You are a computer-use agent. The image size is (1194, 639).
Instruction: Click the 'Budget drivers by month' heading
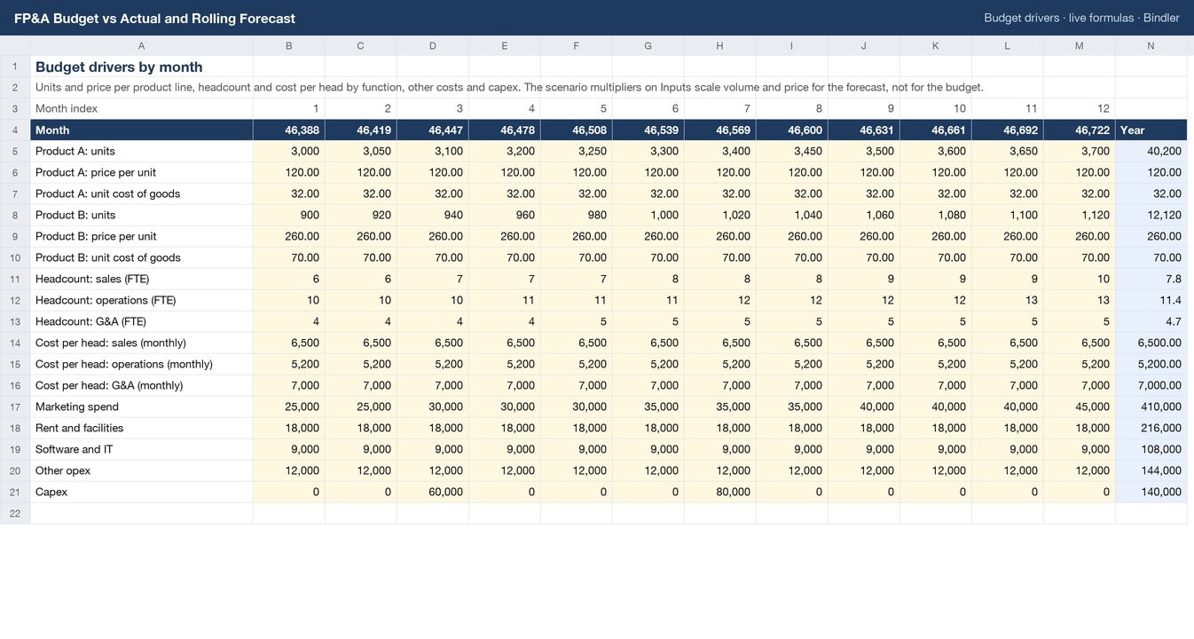(x=119, y=67)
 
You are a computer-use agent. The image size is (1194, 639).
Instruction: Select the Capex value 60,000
(x=445, y=492)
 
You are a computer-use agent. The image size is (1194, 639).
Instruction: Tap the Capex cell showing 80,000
(x=733, y=492)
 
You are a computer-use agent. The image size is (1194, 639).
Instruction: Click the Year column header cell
(x=1132, y=130)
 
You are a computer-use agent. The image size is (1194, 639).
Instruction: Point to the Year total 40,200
(x=1164, y=151)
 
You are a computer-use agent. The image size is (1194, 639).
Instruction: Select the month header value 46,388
(x=302, y=130)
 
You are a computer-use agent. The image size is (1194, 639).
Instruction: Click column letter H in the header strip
(x=719, y=46)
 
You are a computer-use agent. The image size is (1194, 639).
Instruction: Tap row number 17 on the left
(x=15, y=407)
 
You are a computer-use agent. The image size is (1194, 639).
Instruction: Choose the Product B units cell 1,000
(x=664, y=215)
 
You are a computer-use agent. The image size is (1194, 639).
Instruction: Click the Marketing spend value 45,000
(x=1092, y=406)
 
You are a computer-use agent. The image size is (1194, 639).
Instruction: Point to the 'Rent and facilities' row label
(x=80, y=428)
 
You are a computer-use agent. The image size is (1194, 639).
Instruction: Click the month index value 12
(x=1104, y=108)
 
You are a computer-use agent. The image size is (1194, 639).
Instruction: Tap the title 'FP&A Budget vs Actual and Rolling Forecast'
(x=154, y=18)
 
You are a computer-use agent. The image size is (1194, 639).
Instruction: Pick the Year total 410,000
(x=1161, y=406)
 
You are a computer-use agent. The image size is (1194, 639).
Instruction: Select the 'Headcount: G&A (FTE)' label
(x=90, y=321)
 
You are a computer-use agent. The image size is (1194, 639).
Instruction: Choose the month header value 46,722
(x=1092, y=130)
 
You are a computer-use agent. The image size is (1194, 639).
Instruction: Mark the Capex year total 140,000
(x=1161, y=492)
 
